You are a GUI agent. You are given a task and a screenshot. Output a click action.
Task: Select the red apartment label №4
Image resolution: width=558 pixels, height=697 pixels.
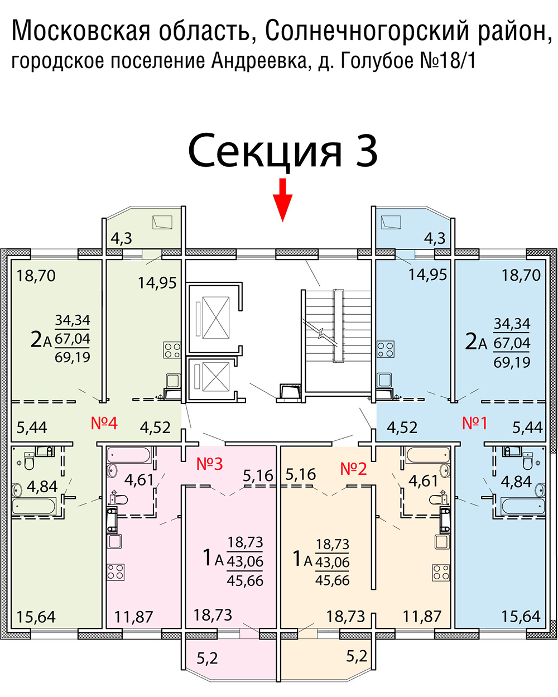coord(104,423)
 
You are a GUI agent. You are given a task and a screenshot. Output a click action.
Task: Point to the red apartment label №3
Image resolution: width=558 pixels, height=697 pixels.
coord(210,464)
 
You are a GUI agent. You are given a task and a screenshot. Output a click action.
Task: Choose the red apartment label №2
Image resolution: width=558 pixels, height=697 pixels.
coord(354,468)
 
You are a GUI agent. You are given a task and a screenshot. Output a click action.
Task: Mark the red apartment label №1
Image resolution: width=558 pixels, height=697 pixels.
coord(475,423)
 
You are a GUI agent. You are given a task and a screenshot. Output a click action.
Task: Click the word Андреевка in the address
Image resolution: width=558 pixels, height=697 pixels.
coord(259,60)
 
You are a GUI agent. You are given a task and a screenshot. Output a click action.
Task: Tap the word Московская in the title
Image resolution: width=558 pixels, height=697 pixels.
coord(81,31)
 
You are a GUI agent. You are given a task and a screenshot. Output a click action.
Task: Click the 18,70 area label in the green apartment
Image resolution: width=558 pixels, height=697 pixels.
coord(36,275)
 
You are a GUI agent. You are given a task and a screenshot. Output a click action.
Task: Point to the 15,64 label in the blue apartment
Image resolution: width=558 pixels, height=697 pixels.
coord(521,617)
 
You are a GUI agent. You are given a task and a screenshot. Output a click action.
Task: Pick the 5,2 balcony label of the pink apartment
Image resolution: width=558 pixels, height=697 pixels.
coord(207,658)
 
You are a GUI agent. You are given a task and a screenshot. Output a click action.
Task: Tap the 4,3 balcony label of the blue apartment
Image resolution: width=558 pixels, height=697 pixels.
coord(435,238)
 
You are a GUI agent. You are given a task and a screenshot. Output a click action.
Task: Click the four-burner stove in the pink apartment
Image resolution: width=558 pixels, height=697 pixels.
coord(116,572)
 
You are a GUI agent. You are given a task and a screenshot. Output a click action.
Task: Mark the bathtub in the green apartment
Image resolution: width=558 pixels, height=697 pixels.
coord(33,507)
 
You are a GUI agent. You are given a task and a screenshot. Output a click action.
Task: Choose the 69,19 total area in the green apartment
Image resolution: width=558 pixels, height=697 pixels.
coord(73,357)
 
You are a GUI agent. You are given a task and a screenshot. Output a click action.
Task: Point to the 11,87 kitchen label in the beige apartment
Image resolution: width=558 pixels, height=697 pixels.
coord(422,617)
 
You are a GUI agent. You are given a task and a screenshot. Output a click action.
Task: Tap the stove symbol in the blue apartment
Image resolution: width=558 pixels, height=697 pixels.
coord(386,349)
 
